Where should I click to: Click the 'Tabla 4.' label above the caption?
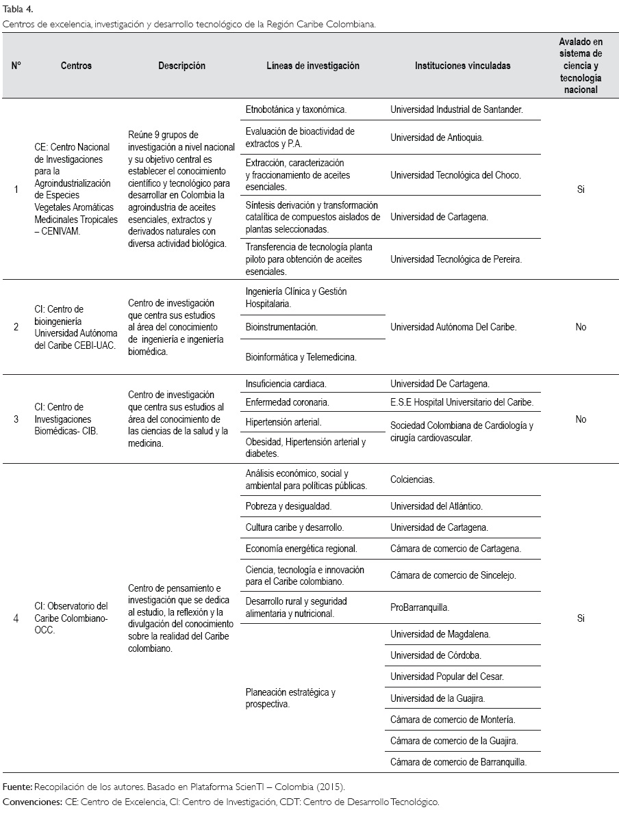pos(18,9)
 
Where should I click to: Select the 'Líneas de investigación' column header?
pos(313,66)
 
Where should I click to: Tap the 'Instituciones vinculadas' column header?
pos(462,66)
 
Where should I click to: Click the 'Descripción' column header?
pos(181,66)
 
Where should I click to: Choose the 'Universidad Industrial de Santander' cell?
pos(457,109)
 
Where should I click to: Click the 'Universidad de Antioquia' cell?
pos(437,137)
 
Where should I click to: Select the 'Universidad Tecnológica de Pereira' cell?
pos(456,259)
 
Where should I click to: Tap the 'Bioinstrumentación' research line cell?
pos(281,327)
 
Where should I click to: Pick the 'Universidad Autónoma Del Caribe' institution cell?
pos(453,327)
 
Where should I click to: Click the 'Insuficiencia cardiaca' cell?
pos(286,384)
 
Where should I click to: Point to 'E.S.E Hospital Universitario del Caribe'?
pos(462,402)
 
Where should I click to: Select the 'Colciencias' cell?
pos(412,480)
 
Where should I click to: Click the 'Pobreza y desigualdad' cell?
pos(288,506)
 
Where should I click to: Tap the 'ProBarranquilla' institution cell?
pos(420,607)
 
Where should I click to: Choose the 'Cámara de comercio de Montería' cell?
pos(453,720)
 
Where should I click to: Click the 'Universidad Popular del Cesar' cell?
pos(446,677)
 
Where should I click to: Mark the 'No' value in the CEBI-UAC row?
pos(581,327)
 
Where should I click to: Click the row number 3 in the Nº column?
pos(16,419)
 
